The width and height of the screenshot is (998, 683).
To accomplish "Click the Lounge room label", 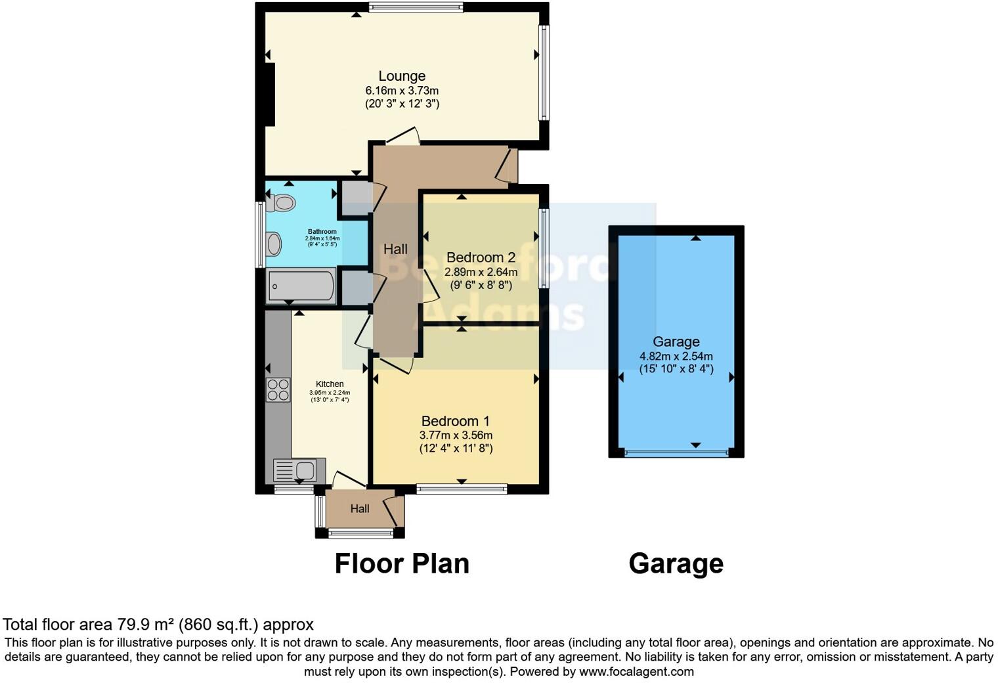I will (x=402, y=76).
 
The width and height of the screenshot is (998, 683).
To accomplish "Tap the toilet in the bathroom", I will (x=282, y=203).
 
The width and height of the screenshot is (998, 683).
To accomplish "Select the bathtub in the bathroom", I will (x=301, y=287).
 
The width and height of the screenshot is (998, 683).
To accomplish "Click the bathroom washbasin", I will (x=273, y=244).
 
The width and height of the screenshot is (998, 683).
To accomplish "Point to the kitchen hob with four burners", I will (x=278, y=390).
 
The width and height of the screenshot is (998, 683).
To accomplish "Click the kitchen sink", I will (x=299, y=471).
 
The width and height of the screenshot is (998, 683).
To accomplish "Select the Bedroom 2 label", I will (x=481, y=257).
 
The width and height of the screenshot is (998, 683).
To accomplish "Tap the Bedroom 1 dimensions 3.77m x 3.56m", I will (x=456, y=435).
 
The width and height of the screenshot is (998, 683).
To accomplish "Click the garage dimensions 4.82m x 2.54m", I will (x=676, y=356).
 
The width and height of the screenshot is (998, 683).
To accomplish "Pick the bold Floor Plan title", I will (x=402, y=563).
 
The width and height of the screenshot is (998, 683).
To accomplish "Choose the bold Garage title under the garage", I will (x=676, y=563).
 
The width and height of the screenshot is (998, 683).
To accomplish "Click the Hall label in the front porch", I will (x=360, y=508).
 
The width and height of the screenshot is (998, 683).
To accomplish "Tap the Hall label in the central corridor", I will (x=395, y=249).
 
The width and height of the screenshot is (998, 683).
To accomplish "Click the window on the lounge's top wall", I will (x=416, y=8).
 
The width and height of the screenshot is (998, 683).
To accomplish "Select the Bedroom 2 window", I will (x=544, y=248).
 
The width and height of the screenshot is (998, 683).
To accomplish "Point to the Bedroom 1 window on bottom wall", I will (x=462, y=489).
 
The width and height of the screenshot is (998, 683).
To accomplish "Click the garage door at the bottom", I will (x=676, y=452).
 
